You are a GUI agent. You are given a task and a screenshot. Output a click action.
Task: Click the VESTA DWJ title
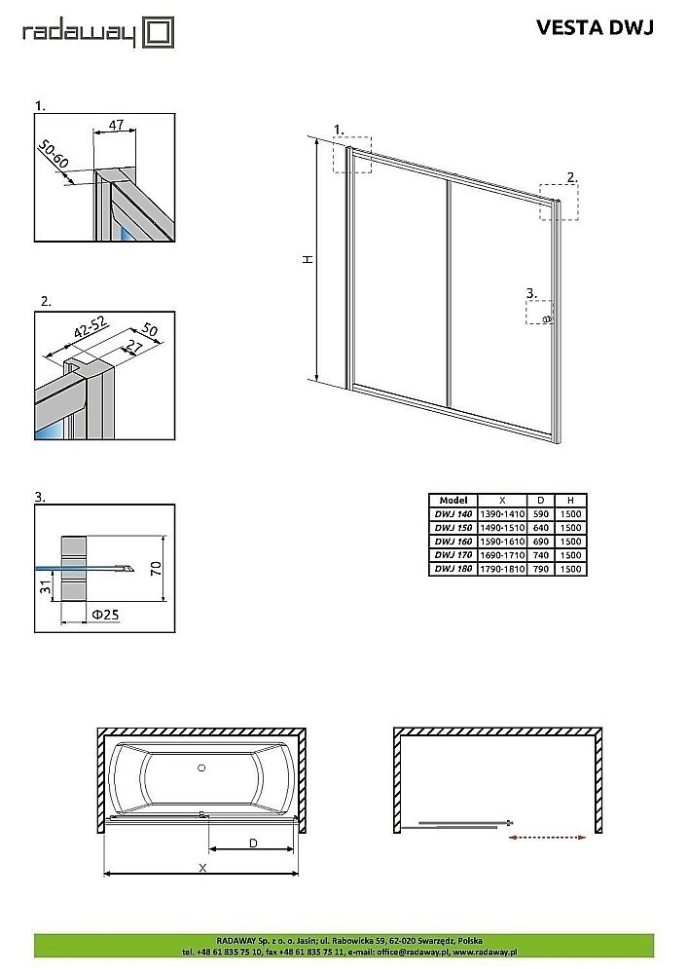[595, 28]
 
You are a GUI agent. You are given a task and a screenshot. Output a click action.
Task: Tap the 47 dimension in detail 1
[114, 125]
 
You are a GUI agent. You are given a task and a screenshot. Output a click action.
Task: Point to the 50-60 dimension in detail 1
[55, 154]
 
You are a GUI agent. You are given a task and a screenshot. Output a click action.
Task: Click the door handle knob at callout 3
[547, 319]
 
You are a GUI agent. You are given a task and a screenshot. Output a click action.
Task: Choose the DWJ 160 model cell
[453, 541]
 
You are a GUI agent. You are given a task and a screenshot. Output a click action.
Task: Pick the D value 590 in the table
[541, 513]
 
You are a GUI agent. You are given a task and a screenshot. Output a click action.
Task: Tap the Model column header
[453, 500]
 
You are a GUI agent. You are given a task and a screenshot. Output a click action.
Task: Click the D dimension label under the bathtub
[252, 843]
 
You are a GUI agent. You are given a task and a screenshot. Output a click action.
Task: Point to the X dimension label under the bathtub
[201, 866]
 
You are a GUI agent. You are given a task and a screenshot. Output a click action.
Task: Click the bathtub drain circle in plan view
[201, 768]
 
